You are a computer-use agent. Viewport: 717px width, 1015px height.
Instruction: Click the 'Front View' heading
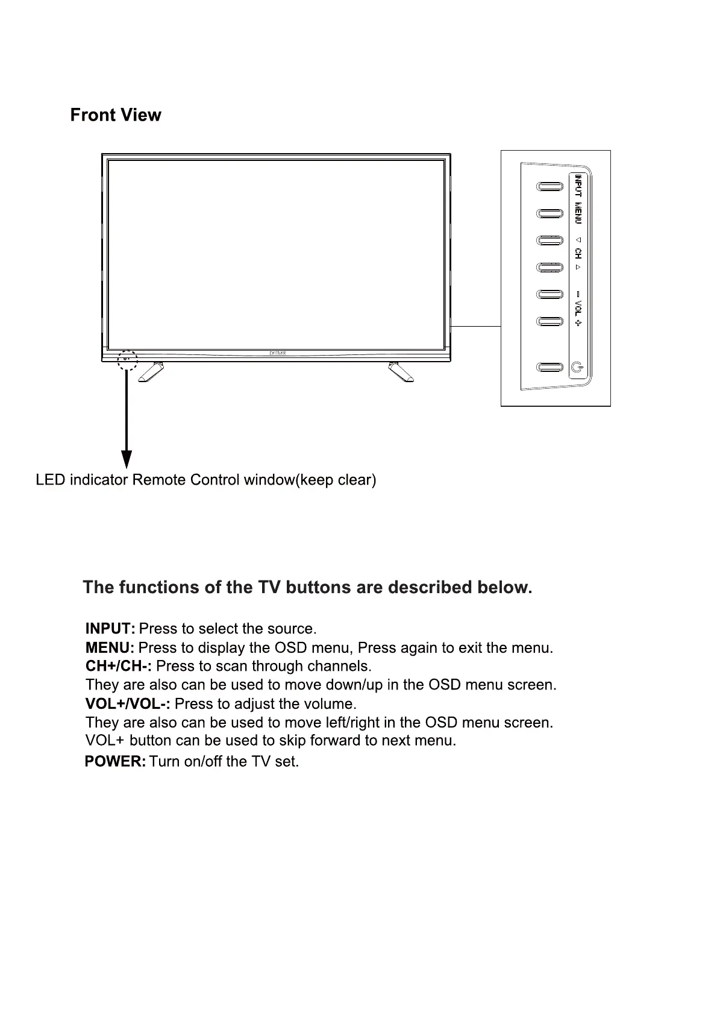click(x=116, y=115)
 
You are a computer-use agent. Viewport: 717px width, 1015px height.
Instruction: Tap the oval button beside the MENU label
click(x=549, y=213)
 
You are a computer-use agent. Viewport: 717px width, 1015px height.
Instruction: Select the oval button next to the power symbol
click(x=549, y=367)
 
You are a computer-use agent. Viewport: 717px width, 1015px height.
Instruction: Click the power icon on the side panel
click(x=577, y=367)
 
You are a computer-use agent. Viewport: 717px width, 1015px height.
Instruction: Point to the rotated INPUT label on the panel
click(x=578, y=186)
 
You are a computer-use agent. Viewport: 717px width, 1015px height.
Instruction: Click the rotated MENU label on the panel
click(x=578, y=213)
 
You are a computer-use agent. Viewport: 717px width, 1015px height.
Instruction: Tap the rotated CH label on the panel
click(x=578, y=253)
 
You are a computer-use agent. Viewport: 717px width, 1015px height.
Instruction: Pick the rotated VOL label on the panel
click(x=578, y=309)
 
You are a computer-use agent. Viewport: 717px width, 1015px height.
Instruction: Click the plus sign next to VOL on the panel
click(x=578, y=323)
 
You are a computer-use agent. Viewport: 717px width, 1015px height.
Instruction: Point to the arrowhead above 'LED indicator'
click(x=127, y=459)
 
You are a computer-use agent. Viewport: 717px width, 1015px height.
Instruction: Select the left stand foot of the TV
click(x=151, y=372)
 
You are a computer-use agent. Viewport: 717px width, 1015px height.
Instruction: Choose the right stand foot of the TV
click(x=401, y=372)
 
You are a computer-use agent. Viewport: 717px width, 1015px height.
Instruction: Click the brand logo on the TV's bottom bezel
click(x=278, y=353)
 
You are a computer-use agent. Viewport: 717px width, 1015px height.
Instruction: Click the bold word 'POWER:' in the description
click(x=115, y=761)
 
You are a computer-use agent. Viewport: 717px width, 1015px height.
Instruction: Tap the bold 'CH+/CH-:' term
click(x=119, y=666)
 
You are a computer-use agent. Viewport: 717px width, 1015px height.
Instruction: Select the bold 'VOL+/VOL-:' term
click(x=128, y=704)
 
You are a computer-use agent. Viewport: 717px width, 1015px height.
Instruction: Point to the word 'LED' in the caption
click(x=50, y=480)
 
